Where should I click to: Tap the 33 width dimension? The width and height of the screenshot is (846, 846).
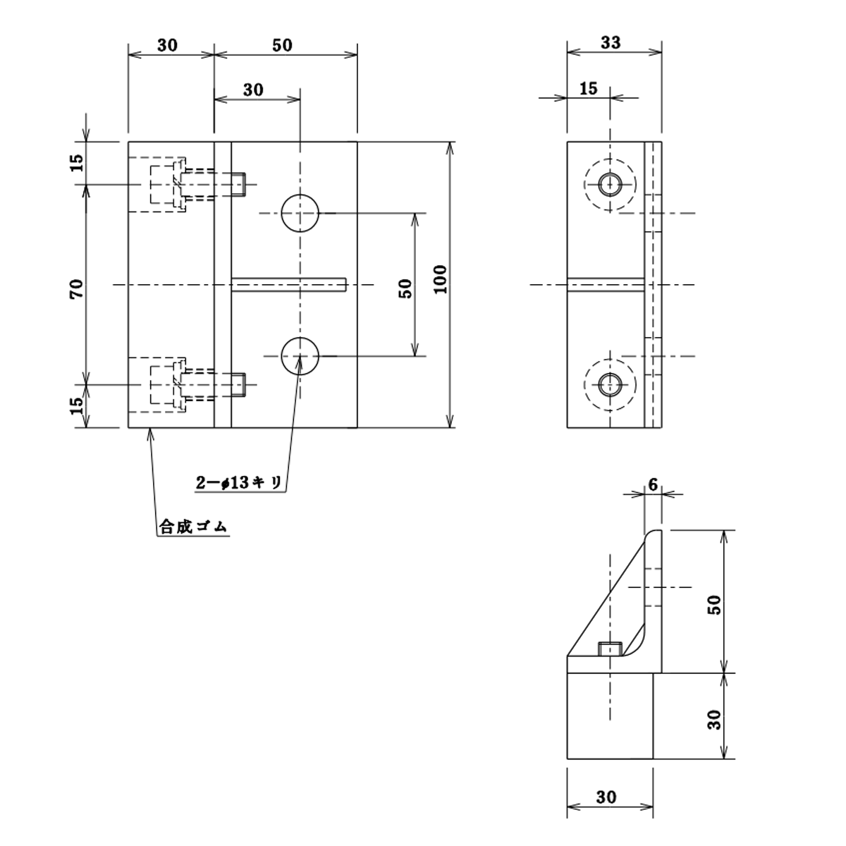pyautogui.click(x=611, y=42)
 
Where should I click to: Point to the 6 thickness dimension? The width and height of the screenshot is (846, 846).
pyautogui.click(x=653, y=484)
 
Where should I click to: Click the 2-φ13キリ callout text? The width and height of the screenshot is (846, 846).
pyautogui.click(x=240, y=483)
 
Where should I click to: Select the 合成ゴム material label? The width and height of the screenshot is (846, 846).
pyautogui.click(x=194, y=527)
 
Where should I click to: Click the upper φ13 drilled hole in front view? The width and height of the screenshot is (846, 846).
pyautogui.click(x=300, y=213)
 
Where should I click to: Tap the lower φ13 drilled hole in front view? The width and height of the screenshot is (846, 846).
pyautogui.click(x=300, y=356)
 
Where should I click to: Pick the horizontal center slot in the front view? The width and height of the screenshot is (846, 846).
pyautogui.click(x=289, y=284)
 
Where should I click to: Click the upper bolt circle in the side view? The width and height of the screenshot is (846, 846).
pyautogui.click(x=610, y=185)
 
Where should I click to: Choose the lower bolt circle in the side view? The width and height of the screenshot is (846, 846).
pyautogui.click(x=610, y=385)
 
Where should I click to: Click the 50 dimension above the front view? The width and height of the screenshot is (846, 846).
pyautogui.click(x=281, y=45)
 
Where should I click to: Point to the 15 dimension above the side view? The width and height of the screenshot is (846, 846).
pyautogui.click(x=588, y=89)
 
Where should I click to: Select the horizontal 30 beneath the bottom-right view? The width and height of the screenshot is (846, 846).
pyautogui.click(x=606, y=797)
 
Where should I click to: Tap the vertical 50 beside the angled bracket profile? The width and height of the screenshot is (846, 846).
pyautogui.click(x=714, y=604)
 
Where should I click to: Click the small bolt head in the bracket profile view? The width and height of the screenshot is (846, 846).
pyautogui.click(x=609, y=649)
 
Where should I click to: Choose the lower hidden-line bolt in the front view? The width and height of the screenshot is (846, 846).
pyautogui.click(x=197, y=385)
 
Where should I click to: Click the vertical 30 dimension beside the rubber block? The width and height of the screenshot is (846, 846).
pyautogui.click(x=714, y=719)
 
